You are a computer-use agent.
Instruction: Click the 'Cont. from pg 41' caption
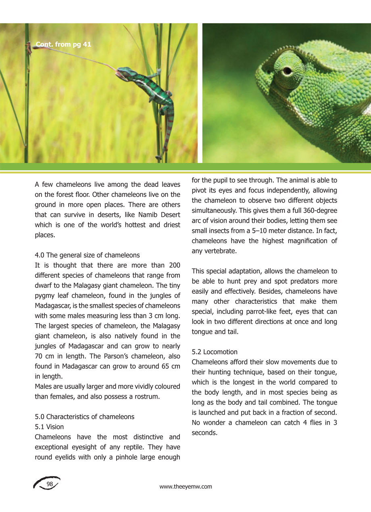click(64, 44)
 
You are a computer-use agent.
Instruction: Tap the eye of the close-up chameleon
click(287, 71)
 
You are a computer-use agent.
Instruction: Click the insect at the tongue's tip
click(29, 48)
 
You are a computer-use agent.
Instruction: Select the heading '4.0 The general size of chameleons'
click(87, 255)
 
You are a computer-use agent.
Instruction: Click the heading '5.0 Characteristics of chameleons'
click(84, 416)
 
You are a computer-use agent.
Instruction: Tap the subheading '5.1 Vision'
click(49, 426)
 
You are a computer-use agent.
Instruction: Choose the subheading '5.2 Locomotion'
click(215, 352)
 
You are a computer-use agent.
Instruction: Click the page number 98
click(50, 484)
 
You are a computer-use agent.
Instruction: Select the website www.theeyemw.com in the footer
click(185, 487)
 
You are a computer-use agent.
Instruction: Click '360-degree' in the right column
click(322, 211)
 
